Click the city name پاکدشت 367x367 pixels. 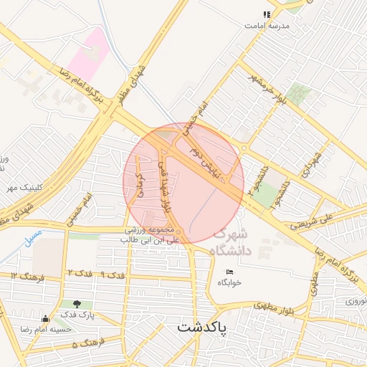point(201,328)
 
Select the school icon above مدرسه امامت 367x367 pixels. point(267,14)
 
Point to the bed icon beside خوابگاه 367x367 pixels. point(229,272)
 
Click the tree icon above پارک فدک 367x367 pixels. point(77,304)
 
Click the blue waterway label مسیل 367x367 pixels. point(32,237)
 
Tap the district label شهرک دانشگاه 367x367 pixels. point(231,242)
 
